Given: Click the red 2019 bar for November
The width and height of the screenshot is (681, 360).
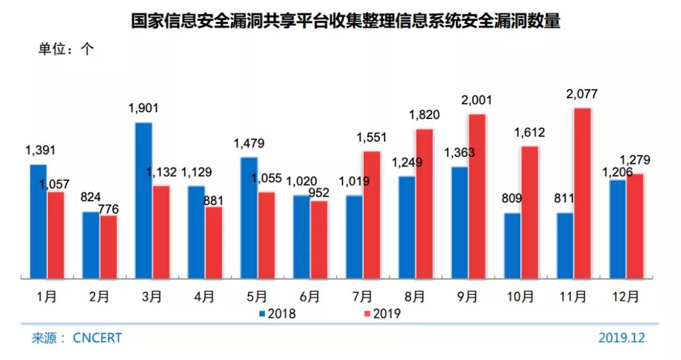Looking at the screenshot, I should click(582, 193).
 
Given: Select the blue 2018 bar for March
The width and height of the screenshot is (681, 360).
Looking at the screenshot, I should click(144, 200).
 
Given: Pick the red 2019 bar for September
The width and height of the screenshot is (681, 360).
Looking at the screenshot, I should click(477, 196).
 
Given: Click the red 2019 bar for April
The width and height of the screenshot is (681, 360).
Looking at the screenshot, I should click(214, 242).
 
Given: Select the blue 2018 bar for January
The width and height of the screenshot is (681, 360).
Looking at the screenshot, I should click(39, 221).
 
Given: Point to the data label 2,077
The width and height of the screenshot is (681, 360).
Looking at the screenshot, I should click(582, 95).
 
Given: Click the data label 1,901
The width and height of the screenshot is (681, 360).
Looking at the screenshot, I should click(143, 108).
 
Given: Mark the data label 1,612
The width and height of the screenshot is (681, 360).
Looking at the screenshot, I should click(528, 133).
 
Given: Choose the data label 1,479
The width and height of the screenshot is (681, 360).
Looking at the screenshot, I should click(249, 143).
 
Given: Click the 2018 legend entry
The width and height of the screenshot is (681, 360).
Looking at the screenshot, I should click(277, 313).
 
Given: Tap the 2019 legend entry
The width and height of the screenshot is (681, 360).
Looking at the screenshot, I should click(382, 313).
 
